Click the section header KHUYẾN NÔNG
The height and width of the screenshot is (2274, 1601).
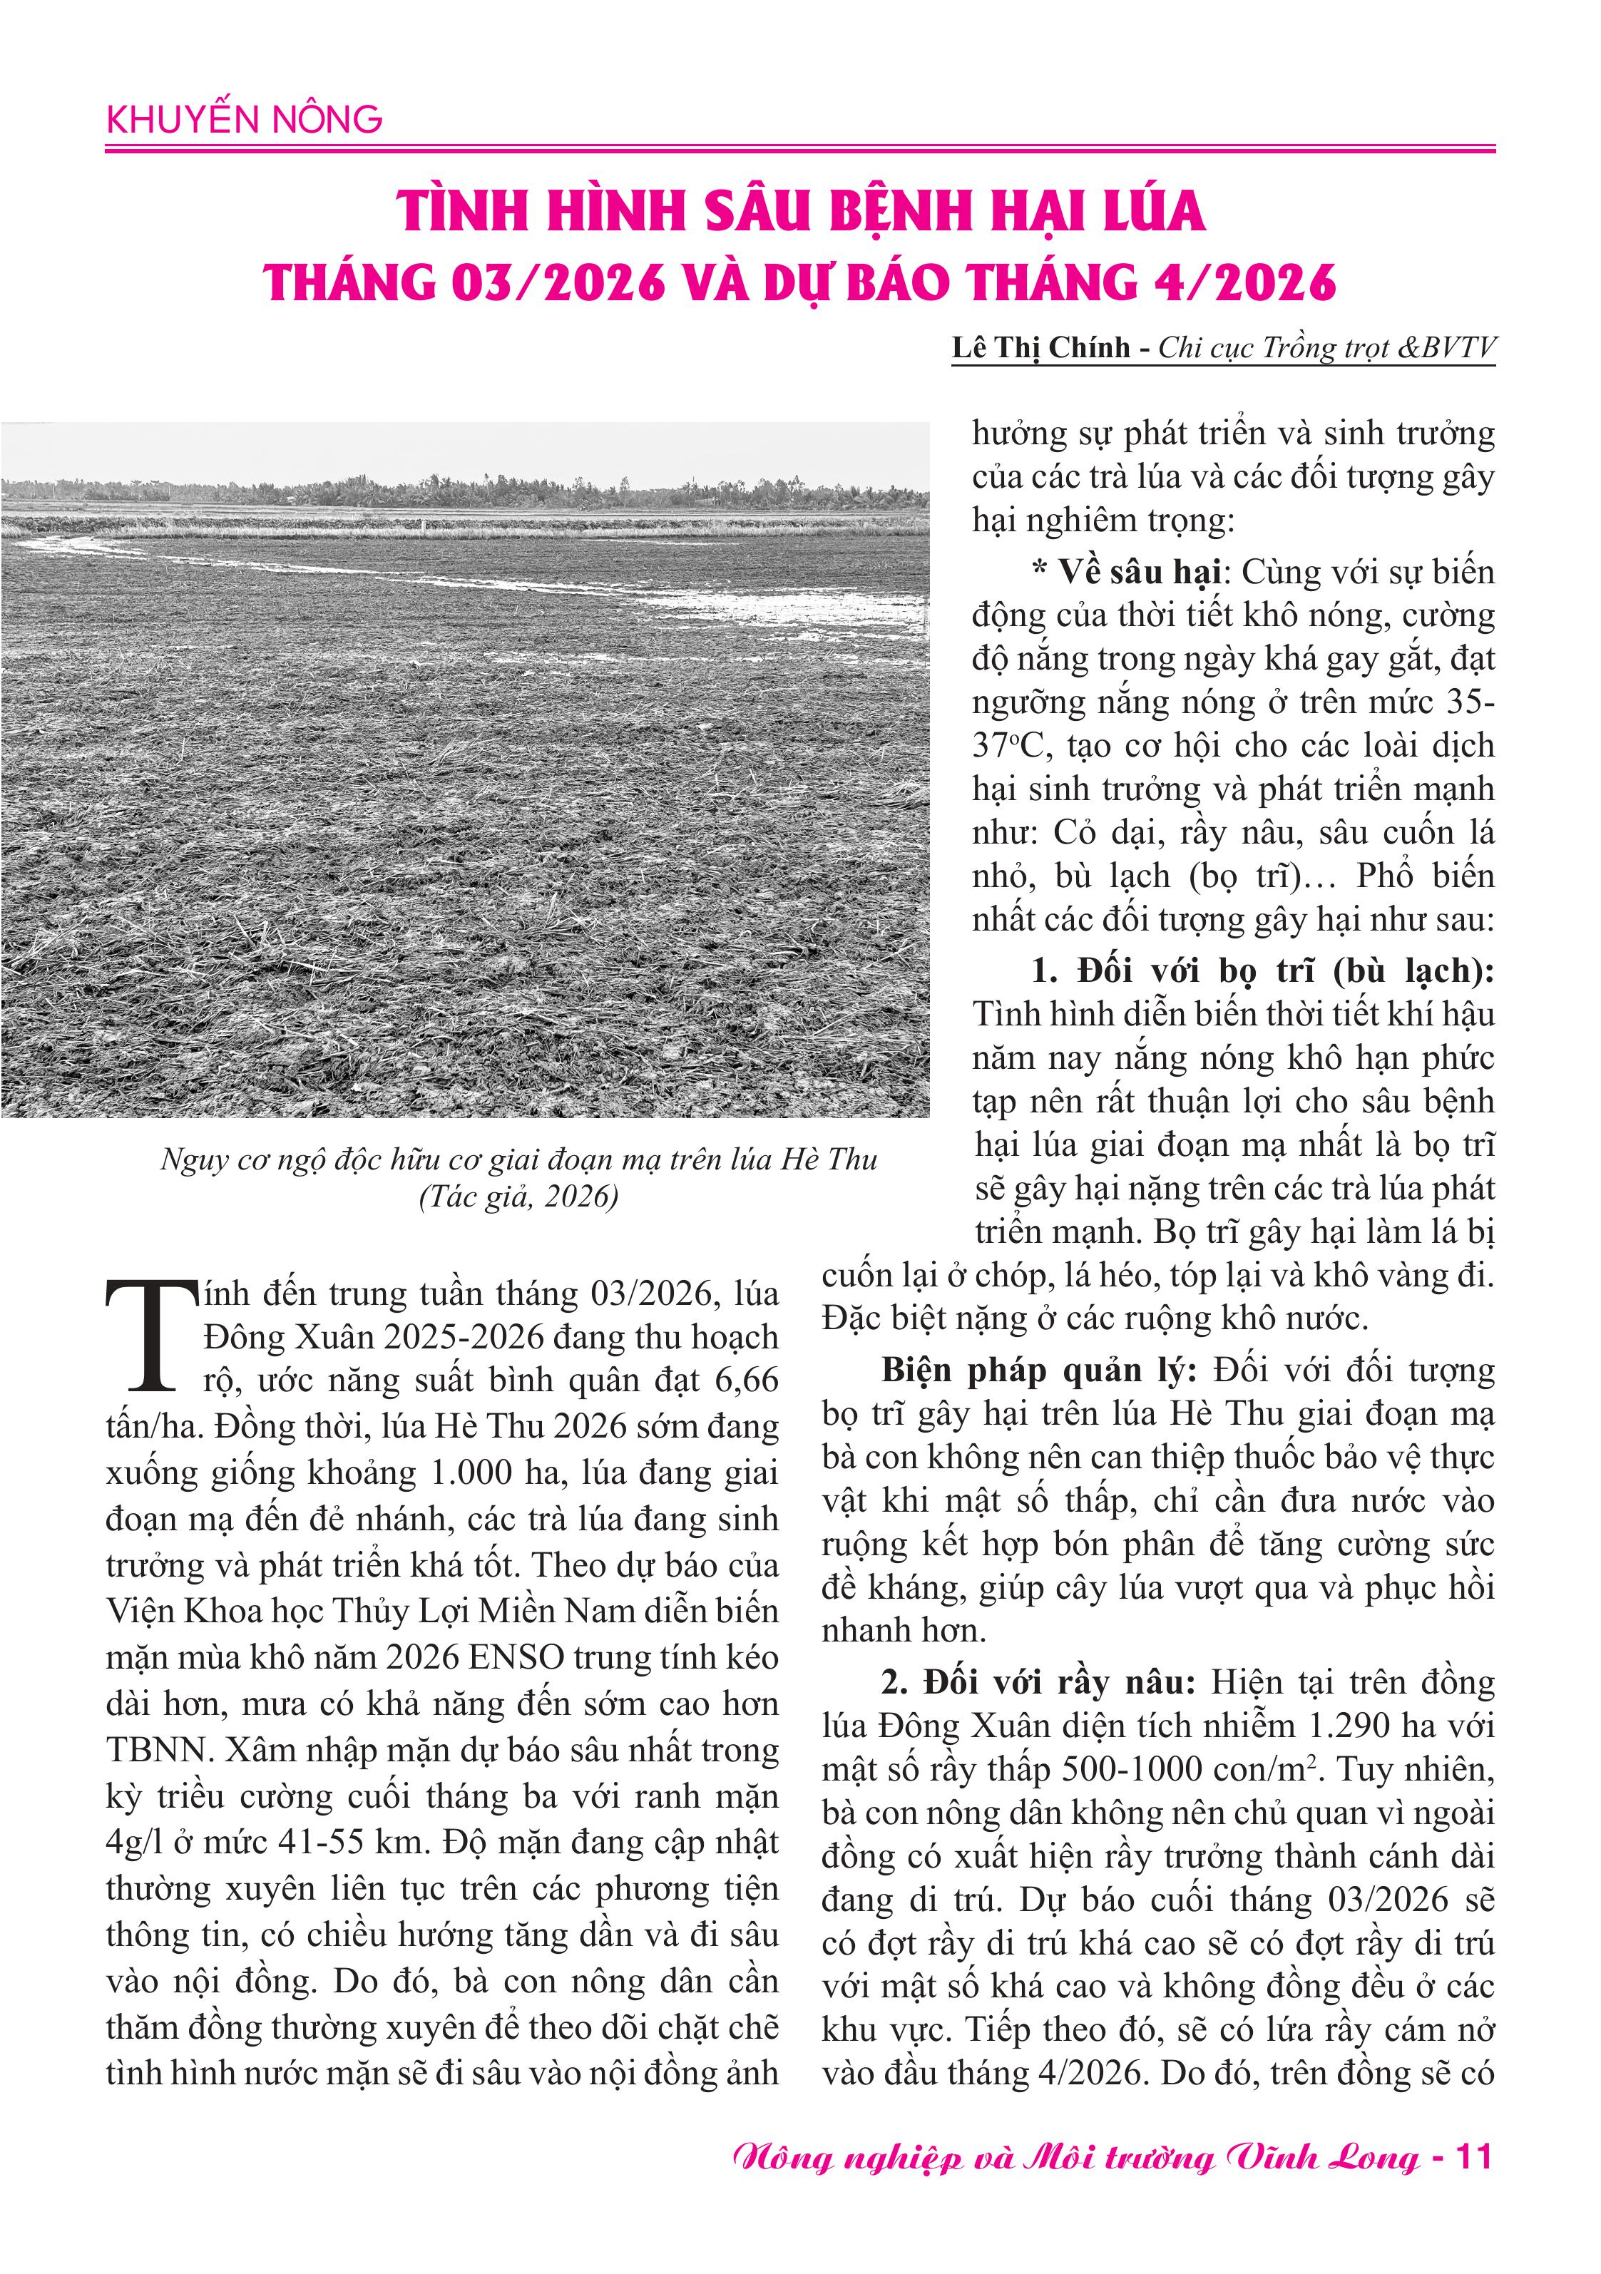tap(244, 120)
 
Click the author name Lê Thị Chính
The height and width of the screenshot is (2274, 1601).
tap(1040, 348)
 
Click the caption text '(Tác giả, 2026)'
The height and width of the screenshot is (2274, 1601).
tap(518, 1197)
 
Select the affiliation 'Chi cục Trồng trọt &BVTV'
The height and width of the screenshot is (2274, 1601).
tap(1326, 348)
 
